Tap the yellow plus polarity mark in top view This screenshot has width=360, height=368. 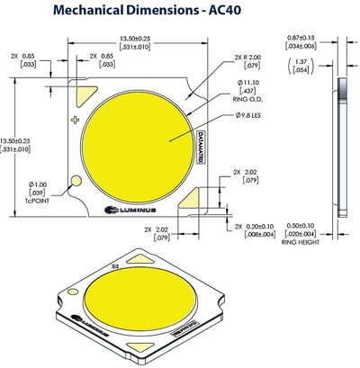pos(76,120)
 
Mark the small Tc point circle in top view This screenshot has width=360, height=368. pos(77,182)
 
